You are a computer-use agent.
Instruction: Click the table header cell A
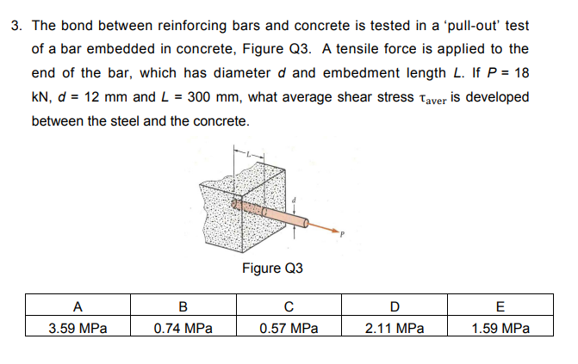[x=78, y=305]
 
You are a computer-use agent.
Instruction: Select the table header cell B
[x=183, y=305]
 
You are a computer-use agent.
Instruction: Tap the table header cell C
[x=289, y=305]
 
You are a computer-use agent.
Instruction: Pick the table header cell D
[x=394, y=305]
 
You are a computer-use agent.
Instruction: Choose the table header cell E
[x=500, y=305]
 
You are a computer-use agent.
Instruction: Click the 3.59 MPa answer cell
[x=78, y=328]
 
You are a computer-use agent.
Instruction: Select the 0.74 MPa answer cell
[x=183, y=328]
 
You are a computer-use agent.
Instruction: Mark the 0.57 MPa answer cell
[x=289, y=328]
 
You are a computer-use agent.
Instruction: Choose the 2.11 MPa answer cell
[x=394, y=328]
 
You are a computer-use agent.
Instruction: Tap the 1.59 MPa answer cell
[x=500, y=328]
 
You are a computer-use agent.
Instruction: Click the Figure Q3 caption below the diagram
[x=272, y=268]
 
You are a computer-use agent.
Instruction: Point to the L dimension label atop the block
[x=248, y=154]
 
